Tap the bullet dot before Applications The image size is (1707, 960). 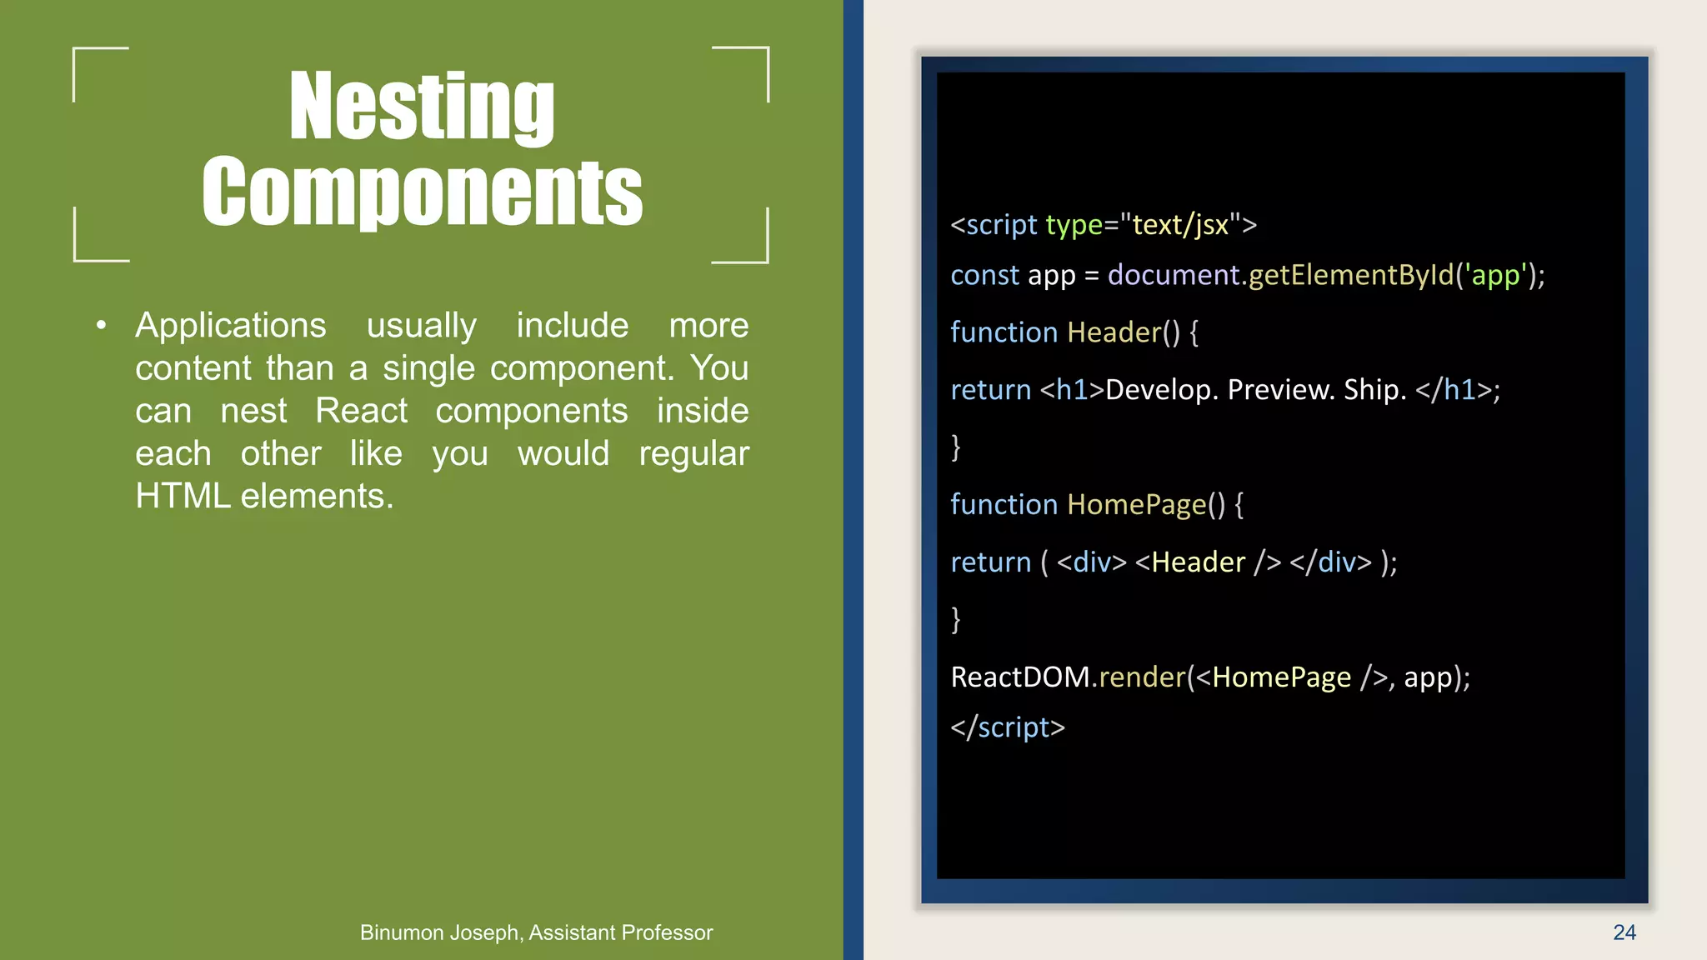[101, 326]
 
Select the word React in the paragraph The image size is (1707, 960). [361, 411]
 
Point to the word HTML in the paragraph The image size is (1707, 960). [183, 497]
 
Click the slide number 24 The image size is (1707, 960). [1624, 932]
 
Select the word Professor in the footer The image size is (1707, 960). [667, 932]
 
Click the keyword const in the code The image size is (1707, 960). [984, 275]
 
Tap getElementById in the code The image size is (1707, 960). [1350, 275]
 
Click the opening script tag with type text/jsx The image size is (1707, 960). [1103, 225]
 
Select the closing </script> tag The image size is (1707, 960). [1008, 727]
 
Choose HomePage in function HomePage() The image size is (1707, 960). [1137, 505]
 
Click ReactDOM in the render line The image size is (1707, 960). [1019, 677]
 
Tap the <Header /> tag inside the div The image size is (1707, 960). [1208, 562]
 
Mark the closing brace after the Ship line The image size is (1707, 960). [956, 447]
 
